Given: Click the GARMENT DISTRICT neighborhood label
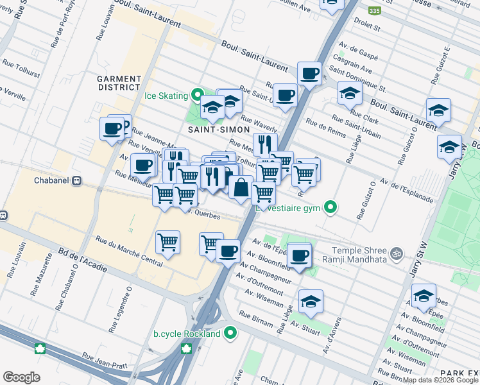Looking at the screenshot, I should (119, 83).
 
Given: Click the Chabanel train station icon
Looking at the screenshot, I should (77, 181).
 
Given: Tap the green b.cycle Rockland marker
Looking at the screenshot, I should (232, 334).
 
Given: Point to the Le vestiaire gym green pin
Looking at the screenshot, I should (330, 207).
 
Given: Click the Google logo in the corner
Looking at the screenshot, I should (21, 377).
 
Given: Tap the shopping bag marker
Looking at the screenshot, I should (241, 189).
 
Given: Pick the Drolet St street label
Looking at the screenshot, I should (368, 28).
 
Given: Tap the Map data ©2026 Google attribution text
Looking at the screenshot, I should (440, 380).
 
